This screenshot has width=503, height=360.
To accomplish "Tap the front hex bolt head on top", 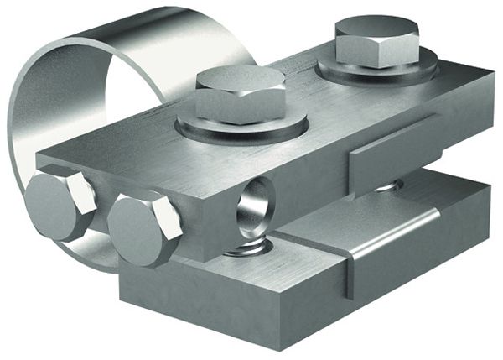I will [x=240, y=92].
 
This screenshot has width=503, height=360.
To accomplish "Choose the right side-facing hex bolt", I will [x=143, y=227].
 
